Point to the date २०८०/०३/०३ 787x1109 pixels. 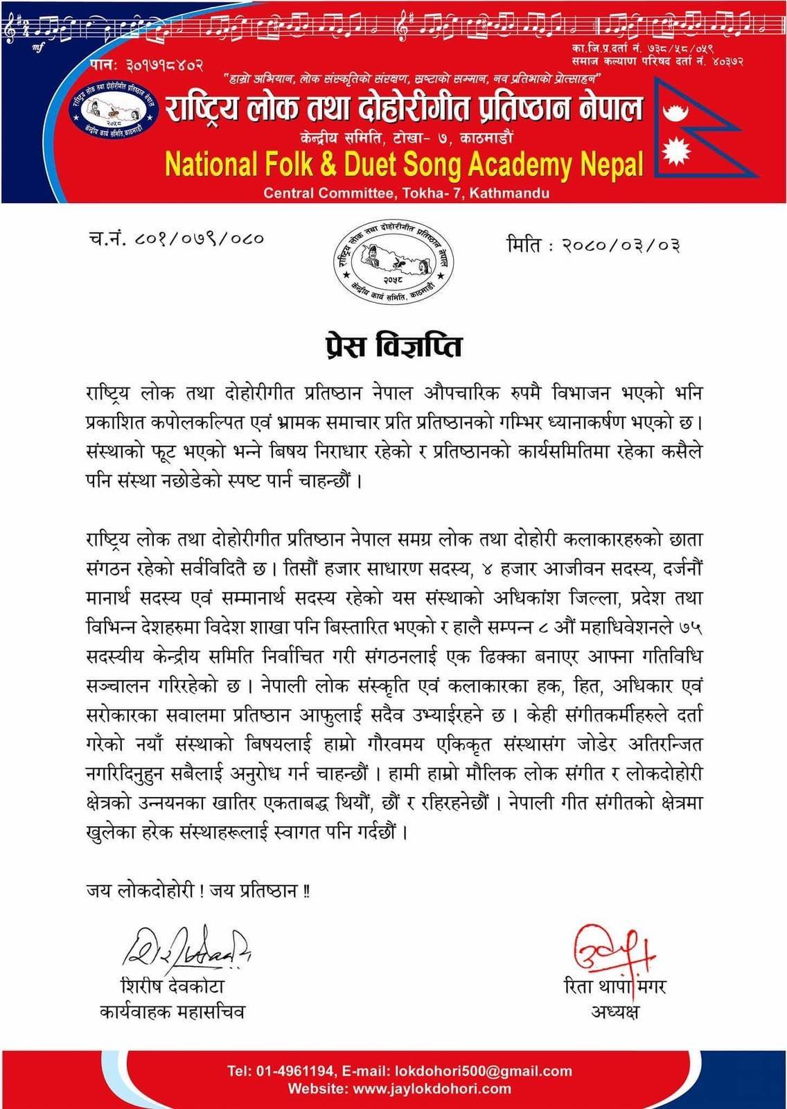(621, 245)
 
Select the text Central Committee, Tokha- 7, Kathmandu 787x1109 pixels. (406, 193)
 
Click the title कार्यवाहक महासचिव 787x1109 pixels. (172, 1012)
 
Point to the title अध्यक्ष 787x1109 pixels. (615, 1011)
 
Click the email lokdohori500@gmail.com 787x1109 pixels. (482, 1070)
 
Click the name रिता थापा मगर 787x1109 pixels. (615, 986)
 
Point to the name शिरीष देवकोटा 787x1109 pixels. (173, 986)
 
